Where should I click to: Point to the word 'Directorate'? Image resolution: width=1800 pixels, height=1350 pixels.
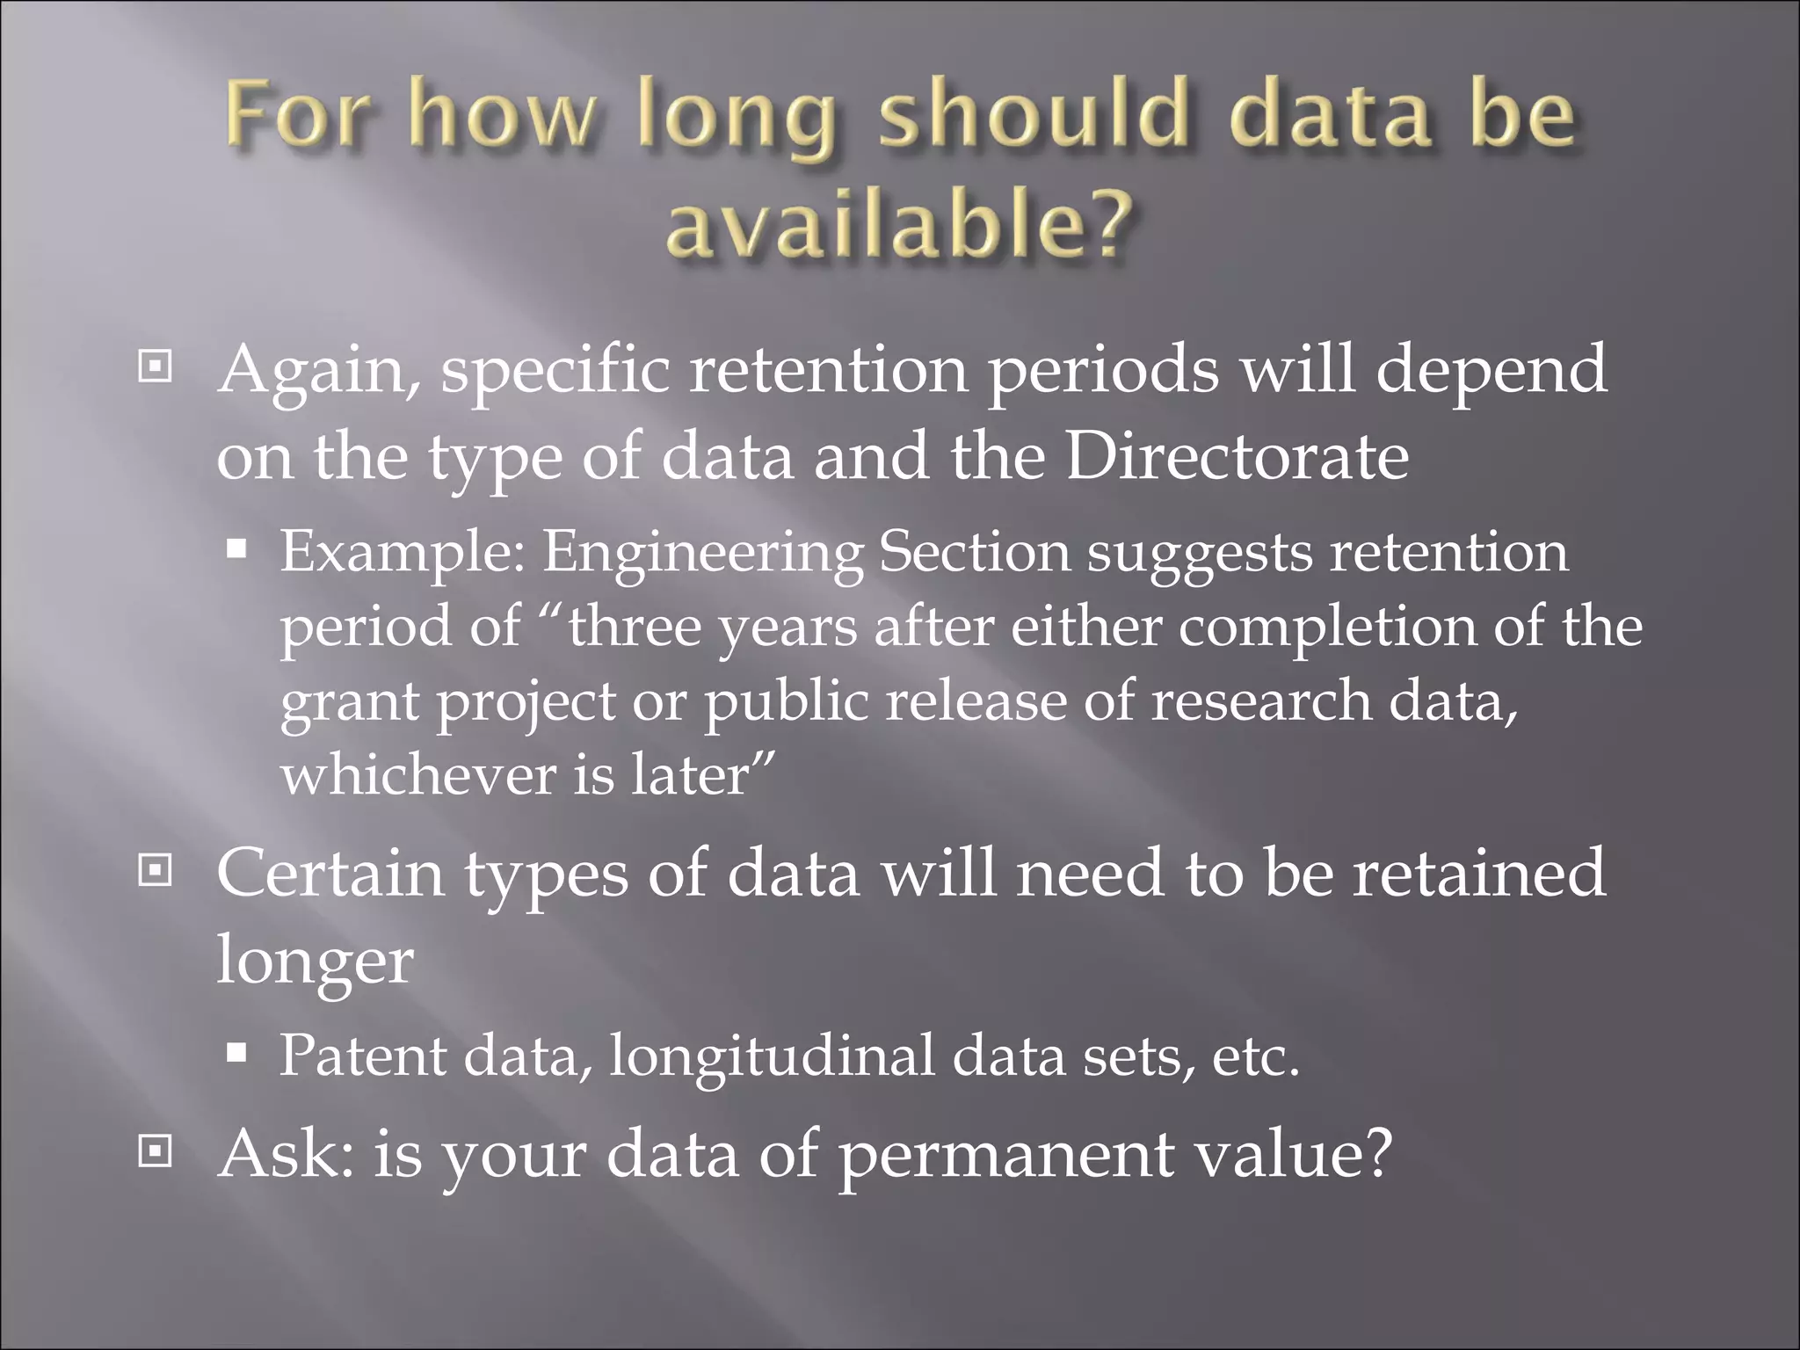(x=1237, y=457)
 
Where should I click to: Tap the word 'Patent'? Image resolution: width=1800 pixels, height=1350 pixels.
(x=362, y=1056)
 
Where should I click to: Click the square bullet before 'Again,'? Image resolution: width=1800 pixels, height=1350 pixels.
(x=156, y=367)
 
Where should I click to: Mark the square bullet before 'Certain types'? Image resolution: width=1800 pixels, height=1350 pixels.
(x=156, y=871)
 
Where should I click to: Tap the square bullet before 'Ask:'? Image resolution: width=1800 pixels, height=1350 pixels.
(x=156, y=1150)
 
